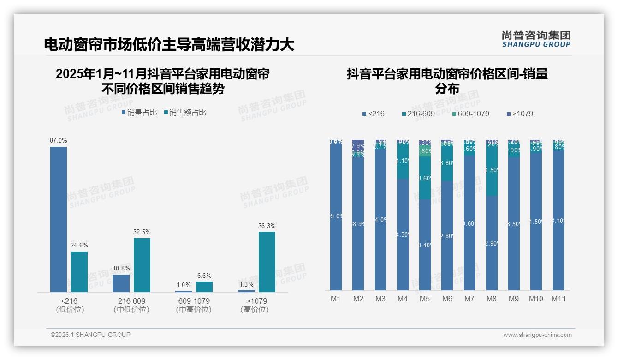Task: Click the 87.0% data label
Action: [59, 140]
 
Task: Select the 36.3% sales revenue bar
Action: [267, 262]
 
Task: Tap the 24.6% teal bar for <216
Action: [79, 272]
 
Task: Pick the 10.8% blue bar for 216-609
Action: [121, 283]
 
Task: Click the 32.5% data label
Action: [142, 232]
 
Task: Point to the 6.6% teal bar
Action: [204, 287]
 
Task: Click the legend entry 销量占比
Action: [139, 112]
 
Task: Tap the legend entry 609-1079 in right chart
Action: [470, 114]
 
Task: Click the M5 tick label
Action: [425, 299]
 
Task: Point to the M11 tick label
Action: [559, 299]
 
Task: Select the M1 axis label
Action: [336, 299]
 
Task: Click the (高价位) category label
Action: [254, 310]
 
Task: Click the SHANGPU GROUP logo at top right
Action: [536, 39]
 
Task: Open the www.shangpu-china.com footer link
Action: [537, 335]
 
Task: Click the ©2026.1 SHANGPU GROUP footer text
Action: [90, 335]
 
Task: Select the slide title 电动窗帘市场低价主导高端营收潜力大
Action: [169, 45]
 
